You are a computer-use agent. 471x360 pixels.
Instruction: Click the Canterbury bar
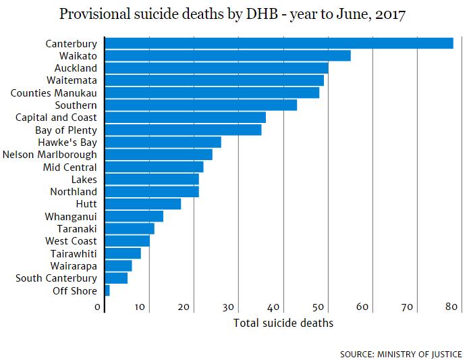tap(279, 43)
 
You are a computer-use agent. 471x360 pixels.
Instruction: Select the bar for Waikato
tap(228, 55)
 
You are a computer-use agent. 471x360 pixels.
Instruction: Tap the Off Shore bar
tap(107, 290)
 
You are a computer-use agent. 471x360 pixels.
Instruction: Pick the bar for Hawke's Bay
tap(163, 142)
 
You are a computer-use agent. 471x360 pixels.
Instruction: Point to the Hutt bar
tap(143, 204)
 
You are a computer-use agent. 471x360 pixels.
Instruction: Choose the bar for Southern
tap(201, 105)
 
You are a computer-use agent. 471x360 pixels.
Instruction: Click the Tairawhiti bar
tap(123, 253)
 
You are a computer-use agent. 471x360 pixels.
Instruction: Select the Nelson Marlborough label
tap(50, 155)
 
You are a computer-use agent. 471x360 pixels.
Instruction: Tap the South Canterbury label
tap(57, 278)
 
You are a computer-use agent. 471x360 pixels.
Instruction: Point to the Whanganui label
tap(71, 217)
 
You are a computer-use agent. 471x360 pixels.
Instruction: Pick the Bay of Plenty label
tap(66, 130)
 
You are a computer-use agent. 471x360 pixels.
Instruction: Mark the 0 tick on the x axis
tap(99, 307)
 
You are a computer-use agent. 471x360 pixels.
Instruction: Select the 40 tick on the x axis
tap(276, 307)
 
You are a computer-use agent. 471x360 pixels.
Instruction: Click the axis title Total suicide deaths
tap(283, 323)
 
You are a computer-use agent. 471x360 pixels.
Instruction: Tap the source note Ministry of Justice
tap(401, 354)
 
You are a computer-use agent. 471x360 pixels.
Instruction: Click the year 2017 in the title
tap(390, 15)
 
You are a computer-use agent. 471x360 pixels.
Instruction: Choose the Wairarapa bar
tap(119, 266)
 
